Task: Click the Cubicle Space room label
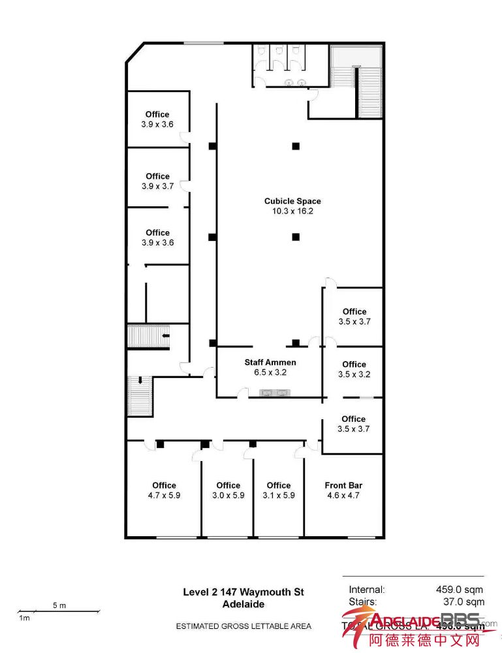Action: point(292,201)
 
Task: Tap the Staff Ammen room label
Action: point(270,362)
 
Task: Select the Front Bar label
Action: point(343,485)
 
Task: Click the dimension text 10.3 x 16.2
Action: point(292,212)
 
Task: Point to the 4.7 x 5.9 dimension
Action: point(164,496)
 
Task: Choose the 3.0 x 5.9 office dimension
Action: point(228,496)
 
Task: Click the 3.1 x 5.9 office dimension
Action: point(279,496)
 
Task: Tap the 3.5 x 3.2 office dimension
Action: point(354,375)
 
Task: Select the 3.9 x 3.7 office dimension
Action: point(157,186)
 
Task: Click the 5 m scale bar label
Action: point(59,605)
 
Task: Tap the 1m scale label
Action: point(24,618)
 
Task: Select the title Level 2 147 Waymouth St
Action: point(243,592)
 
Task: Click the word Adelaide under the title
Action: point(243,604)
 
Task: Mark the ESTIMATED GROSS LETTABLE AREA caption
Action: point(243,626)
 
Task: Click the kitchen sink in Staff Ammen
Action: point(275,392)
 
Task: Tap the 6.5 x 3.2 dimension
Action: point(270,373)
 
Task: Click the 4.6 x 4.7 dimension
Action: point(343,496)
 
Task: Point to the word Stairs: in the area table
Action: point(362,602)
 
